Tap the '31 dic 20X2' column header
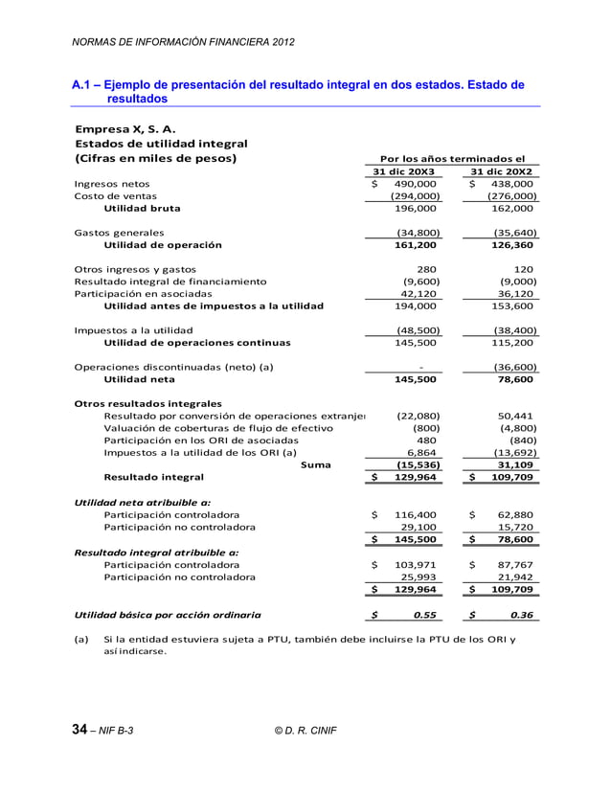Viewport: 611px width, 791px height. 503,171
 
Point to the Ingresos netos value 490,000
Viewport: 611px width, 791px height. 417,184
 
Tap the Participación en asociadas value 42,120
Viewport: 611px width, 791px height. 419,294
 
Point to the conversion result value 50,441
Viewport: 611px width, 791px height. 517,417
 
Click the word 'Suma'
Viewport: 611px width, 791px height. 316,464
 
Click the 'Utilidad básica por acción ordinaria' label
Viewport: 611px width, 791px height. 167,615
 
